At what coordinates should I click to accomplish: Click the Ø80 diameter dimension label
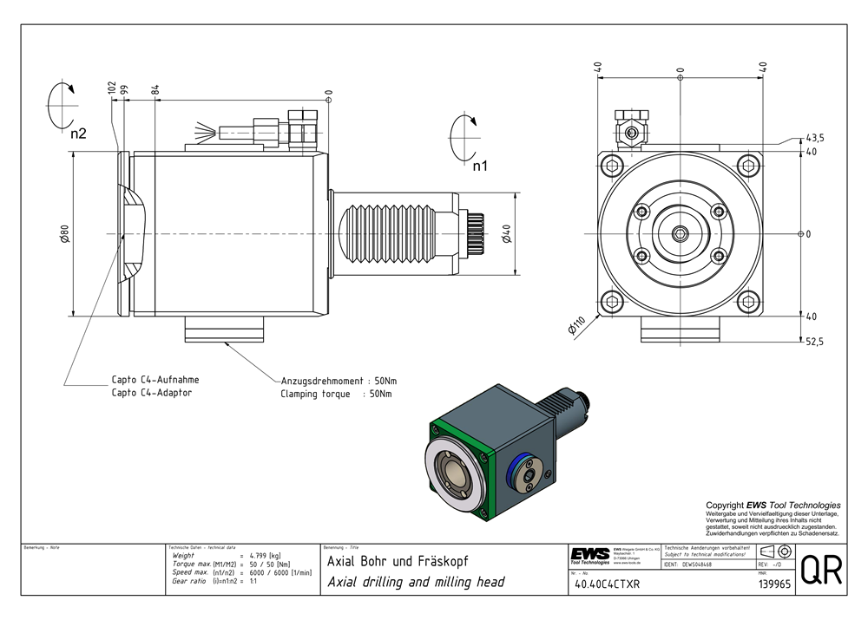64,233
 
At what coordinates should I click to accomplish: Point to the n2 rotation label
78,134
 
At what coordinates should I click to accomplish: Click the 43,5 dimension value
815,139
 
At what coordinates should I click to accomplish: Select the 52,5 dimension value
814,343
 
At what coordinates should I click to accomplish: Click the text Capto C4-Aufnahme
155,380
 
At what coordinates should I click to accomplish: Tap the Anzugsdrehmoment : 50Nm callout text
339,381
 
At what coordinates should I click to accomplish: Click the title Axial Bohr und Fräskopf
392,562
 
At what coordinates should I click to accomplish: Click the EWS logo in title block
590,555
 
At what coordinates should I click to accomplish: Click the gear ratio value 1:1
253,581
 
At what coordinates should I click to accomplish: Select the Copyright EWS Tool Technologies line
773,505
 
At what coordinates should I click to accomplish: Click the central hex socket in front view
680,233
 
